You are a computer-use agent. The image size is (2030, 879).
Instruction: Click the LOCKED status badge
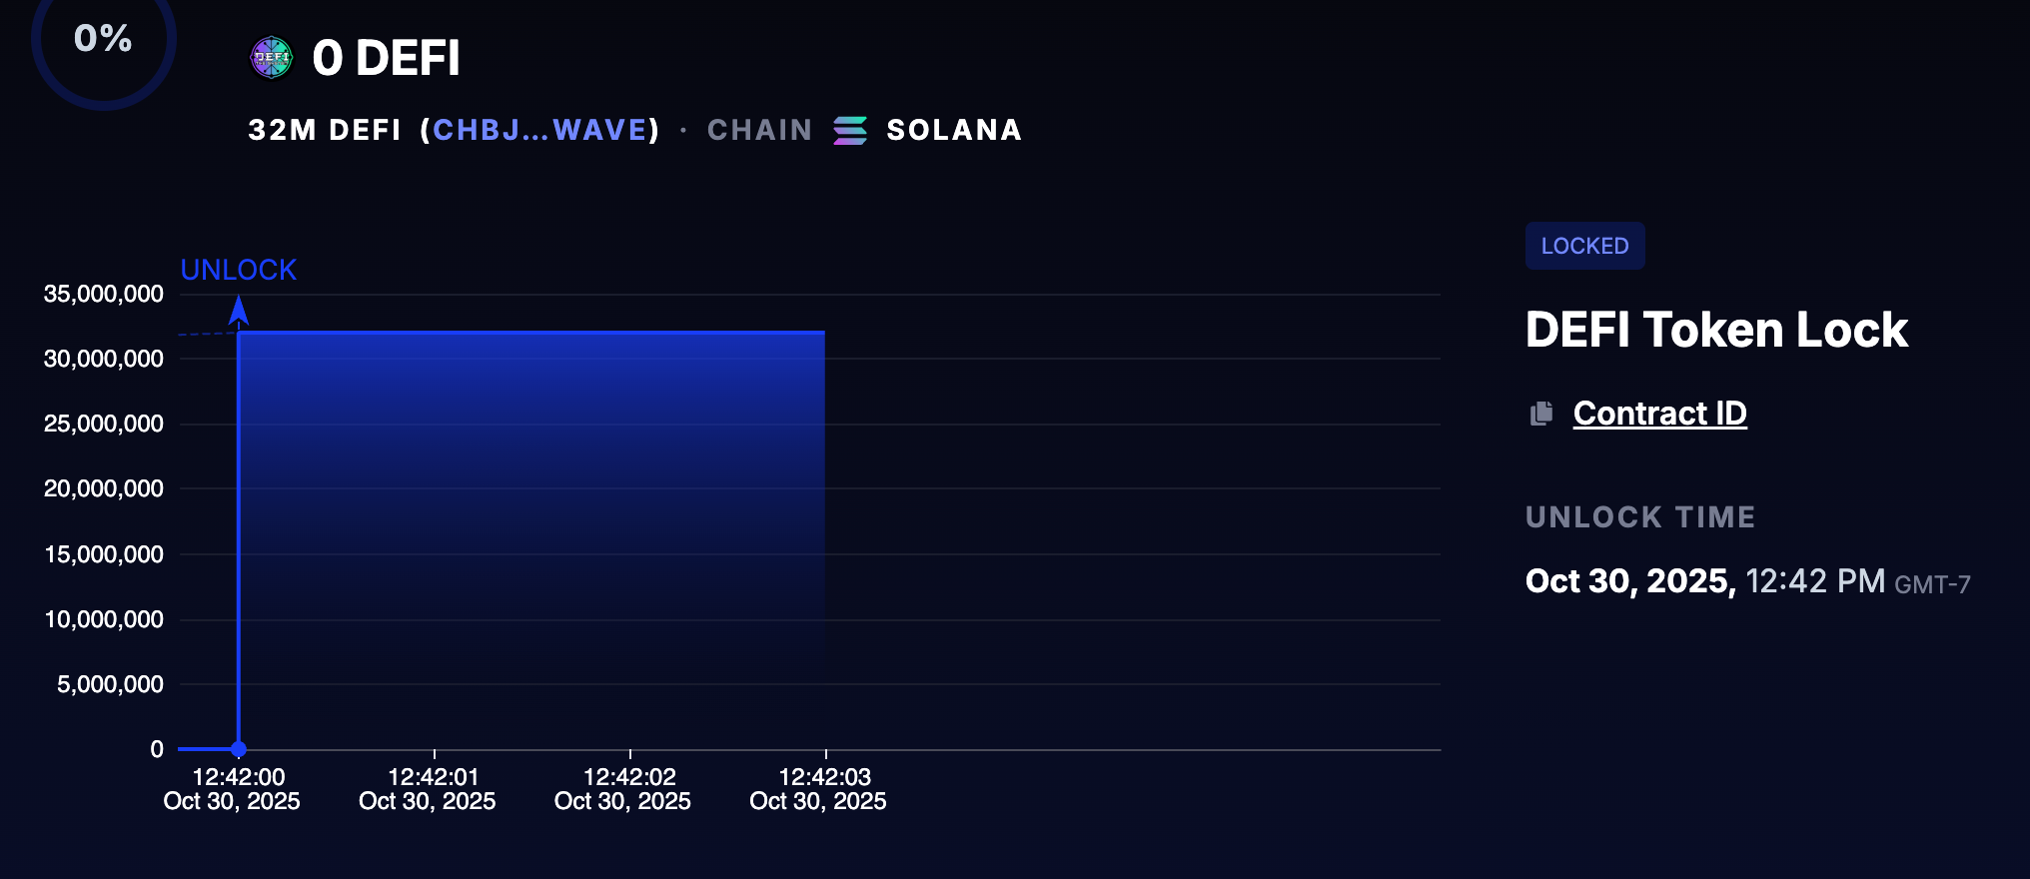[x=1584, y=246]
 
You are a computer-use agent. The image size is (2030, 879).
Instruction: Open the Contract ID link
[x=1659, y=414]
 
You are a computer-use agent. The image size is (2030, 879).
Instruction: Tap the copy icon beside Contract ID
[x=1541, y=414]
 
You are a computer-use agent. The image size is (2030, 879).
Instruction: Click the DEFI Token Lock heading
[x=1716, y=330]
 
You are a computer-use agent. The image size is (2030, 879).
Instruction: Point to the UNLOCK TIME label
[x=1640, y=517]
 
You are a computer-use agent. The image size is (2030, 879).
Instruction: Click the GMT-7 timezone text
[x=1932, y=584]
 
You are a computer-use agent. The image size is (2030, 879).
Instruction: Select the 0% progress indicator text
[x=103, y=38]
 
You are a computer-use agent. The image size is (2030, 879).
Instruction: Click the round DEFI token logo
[x=272, y=57]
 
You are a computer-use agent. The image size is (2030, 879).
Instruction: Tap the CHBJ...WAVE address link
[x=540, y=130]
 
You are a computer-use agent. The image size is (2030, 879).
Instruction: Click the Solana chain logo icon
[x=850, y=130]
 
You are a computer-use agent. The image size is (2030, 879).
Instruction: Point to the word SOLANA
[x=954, y=130]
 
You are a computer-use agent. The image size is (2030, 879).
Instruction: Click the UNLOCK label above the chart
[x=238, y=270]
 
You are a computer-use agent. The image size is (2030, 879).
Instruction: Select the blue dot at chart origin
[x=239, y=749]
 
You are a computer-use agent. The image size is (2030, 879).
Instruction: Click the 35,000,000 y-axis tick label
[x=104, y=294]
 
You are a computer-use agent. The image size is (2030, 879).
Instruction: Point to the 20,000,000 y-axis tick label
[x=104, y=488]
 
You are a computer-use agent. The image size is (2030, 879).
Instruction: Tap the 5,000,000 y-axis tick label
[x=110, y=684]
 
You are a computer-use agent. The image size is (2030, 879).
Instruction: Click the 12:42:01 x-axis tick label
[x=434, y=776]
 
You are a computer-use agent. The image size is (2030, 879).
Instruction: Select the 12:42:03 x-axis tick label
[x=825, y=776]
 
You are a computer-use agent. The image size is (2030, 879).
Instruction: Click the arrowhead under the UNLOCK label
[x=239, y=311]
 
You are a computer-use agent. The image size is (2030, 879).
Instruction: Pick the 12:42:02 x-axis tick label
[x=629, y=776]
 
